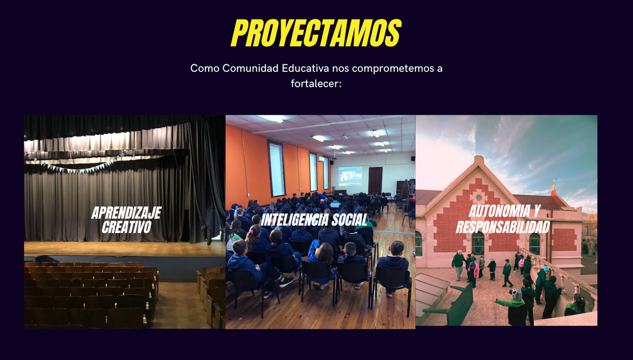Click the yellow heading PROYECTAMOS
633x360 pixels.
point(316,33)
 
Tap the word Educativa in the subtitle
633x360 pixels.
point(305,68)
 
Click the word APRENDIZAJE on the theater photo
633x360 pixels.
point(126,213)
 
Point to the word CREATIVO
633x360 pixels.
point(126,227)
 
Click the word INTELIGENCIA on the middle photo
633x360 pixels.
point(294,220)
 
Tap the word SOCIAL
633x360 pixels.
point(350,220)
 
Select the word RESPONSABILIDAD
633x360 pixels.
point(503,227)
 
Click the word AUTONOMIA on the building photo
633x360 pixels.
point(499,211)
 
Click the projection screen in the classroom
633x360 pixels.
point(350,174)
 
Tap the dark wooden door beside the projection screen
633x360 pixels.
point(375,180)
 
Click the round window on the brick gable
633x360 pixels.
point(478,197)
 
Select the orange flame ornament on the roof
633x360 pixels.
point(554,187)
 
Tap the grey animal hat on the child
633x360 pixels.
point(517,294)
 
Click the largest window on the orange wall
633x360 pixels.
point(276,169)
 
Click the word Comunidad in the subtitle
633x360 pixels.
point(250,68)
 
